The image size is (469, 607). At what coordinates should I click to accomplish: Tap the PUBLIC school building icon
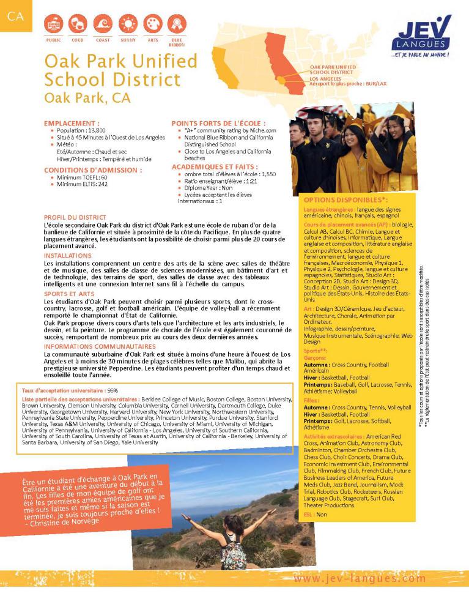[x=54, y=24]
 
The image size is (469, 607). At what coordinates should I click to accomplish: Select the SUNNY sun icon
[x=128, y=24]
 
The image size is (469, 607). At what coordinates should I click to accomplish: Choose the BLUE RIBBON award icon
[x=177, y=24]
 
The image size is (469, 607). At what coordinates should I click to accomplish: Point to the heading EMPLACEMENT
[x=72, y=123]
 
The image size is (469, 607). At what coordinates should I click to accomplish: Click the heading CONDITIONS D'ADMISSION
[x=93, y=169]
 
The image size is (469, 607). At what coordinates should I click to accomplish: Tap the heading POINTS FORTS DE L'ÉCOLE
[x=218, y=123]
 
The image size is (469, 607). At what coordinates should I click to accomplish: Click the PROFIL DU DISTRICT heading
[x=75, y=217]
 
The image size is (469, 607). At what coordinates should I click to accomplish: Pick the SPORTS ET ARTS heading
[x=68, y=294]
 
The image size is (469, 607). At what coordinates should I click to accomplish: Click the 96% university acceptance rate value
[x=112, y=390]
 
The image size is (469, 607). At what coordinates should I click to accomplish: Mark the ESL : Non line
[x=316, y=515]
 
